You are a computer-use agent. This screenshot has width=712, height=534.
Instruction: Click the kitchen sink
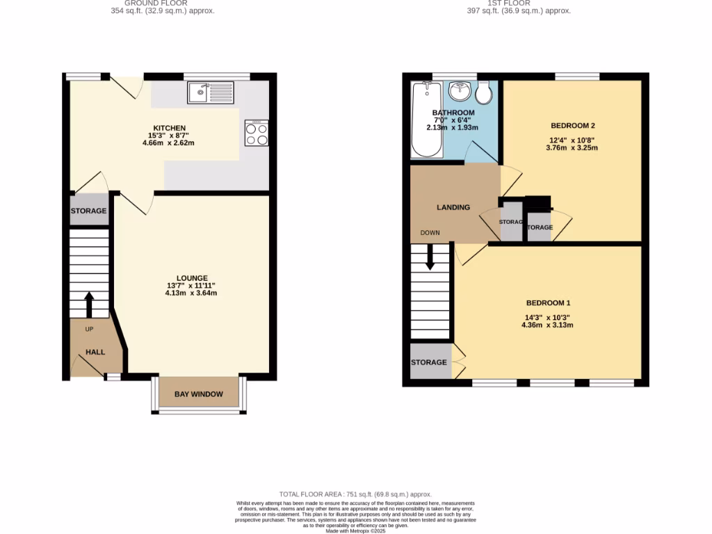tap(211, 91)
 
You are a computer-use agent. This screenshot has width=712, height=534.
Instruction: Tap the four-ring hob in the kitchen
tap(257, 133)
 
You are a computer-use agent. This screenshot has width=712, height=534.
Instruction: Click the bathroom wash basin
tap(459, 90)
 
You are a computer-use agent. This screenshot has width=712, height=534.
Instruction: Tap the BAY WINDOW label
tap(199, 394)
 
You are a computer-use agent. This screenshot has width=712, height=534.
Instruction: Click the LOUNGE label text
tap(191, 278)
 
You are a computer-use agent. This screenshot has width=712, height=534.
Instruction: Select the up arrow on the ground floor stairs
tap(89, 303)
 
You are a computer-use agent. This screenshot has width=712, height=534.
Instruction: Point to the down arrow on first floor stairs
tap(430, 257)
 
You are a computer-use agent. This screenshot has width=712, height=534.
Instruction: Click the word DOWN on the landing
tap(430, 233)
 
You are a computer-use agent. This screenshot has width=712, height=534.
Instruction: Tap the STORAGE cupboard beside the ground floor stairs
tap(89, 211)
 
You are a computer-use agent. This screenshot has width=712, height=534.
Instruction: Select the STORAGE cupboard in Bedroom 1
tap(428, 362)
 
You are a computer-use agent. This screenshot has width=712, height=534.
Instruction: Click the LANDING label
tap(453, 207)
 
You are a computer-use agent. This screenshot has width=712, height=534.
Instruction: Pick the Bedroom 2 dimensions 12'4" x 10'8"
tap(572, 139)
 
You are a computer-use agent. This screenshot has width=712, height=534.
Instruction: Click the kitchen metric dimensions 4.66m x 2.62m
tap(169, 143)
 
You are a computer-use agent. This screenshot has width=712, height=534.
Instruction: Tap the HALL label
tap(95, 352)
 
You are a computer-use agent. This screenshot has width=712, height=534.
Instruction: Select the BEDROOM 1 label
tap(548, 303)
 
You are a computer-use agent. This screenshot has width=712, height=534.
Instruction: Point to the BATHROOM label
tap(453, 113)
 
